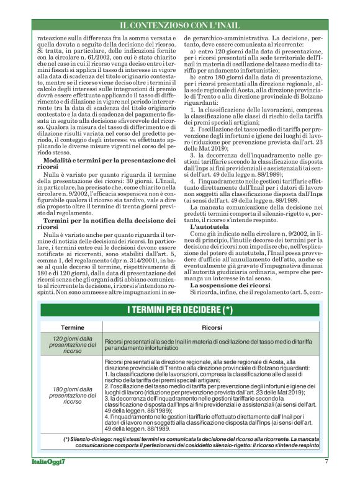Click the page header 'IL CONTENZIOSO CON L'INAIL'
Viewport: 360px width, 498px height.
tap(180, 25)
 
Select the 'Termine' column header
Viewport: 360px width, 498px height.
tap(72, 327)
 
